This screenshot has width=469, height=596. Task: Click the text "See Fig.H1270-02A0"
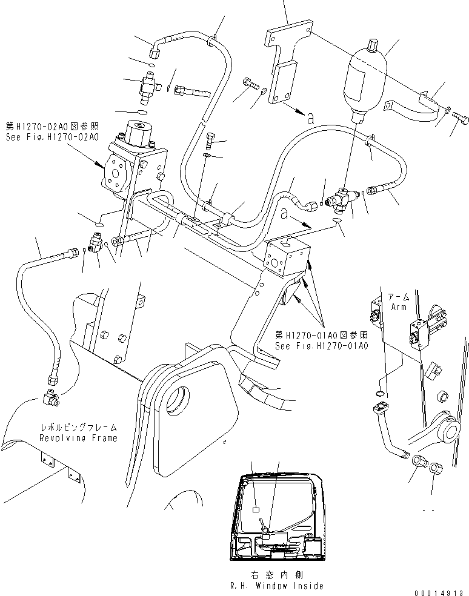[51, 137]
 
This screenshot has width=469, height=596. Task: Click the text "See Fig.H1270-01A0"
[321, 346]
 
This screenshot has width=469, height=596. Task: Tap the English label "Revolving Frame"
[78, 437]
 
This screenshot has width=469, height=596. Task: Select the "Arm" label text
[399, 307]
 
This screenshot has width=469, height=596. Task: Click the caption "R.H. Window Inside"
[276, 586]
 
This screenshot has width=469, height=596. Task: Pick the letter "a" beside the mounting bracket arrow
[310, 119]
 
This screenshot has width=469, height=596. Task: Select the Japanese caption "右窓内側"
[276, 575]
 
